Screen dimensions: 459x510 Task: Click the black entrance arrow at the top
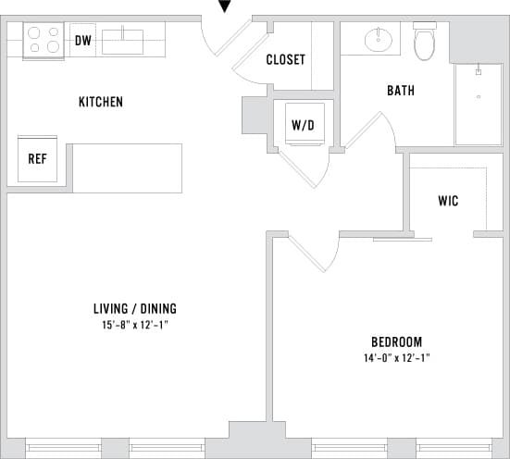point(224,7)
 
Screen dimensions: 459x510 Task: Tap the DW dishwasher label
point(82,41)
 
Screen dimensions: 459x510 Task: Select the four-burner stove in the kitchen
point(43,41)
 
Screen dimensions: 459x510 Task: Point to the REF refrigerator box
point(37,159)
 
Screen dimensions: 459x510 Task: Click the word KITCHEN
point(101,102)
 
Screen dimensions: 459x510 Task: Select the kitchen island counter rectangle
point(127,167)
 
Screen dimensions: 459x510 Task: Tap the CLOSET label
point(285,60)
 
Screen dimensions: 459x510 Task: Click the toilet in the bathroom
point(424,42)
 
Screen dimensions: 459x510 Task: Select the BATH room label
point(401,91)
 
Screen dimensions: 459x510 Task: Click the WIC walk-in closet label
point(448,201)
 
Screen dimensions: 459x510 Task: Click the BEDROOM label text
point(397,341)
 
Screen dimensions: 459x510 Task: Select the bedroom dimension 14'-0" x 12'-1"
point(397,357)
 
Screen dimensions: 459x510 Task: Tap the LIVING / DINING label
point(135,308)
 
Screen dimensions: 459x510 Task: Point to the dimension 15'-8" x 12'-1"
point(135,325)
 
